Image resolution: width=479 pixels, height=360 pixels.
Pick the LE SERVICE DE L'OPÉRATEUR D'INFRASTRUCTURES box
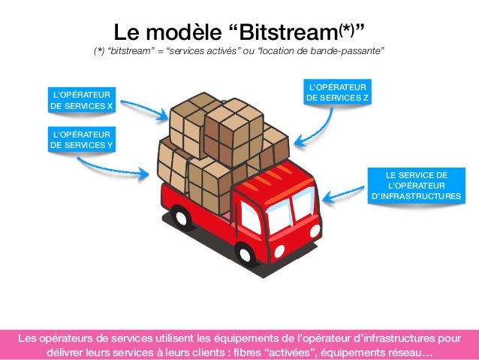pyautogui.click(x=417, y=186)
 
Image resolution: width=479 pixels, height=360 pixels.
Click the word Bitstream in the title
pyautogui.click(x=286, y=33)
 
